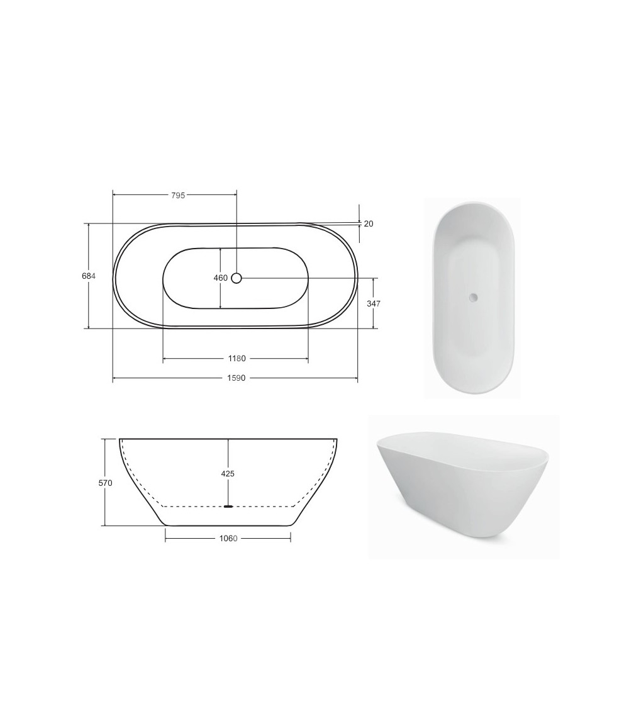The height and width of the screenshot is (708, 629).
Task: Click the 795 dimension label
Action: [178, 196]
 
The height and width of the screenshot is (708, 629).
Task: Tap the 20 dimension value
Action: [369, 223]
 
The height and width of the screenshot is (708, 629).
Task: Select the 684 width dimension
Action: [89, 276]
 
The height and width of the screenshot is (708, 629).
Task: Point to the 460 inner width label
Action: [221, 278]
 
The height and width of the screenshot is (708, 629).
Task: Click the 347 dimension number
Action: [374, 304]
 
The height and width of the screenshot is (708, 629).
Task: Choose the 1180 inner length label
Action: [237, 359]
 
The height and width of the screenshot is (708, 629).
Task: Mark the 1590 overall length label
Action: [237, 378]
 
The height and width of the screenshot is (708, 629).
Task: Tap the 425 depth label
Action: [228, 474]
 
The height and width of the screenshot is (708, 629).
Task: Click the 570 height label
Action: [105, 483]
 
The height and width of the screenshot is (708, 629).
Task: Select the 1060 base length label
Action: [228, 538]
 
